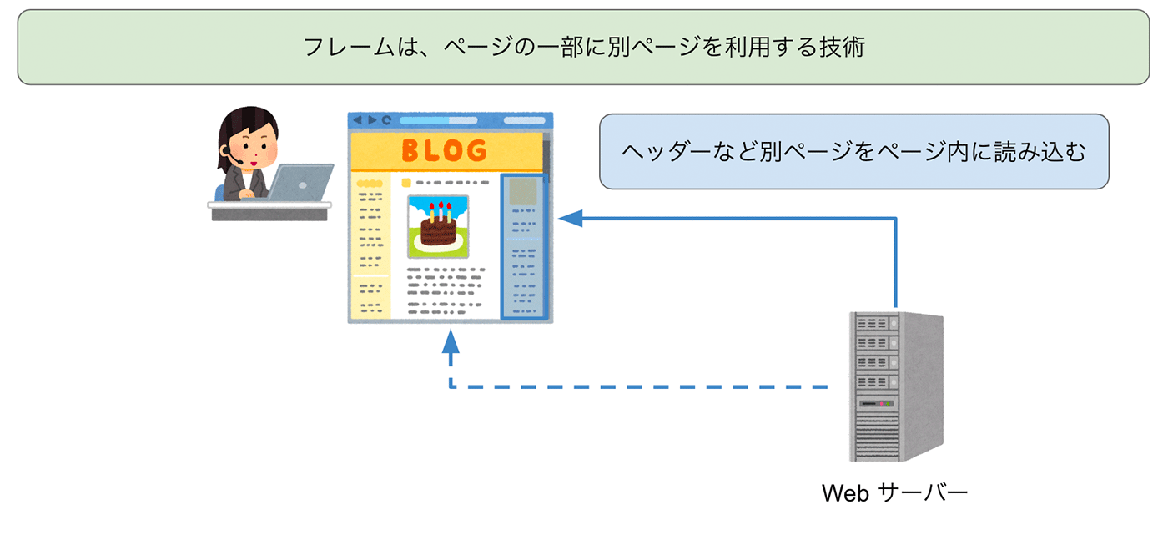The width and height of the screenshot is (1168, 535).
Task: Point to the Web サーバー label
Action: (894, 492)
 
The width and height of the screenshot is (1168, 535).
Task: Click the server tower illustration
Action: (895, 386)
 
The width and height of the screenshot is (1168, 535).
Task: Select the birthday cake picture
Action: (438, 226)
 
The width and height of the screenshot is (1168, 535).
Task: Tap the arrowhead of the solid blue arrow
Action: (569, 219)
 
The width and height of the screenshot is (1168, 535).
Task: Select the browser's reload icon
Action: (386, 120)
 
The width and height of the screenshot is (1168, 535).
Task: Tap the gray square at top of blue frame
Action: (522, 191)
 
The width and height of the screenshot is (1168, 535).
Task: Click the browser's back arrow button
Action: (358, 120)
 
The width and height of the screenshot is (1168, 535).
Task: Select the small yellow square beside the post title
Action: (406, 182)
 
